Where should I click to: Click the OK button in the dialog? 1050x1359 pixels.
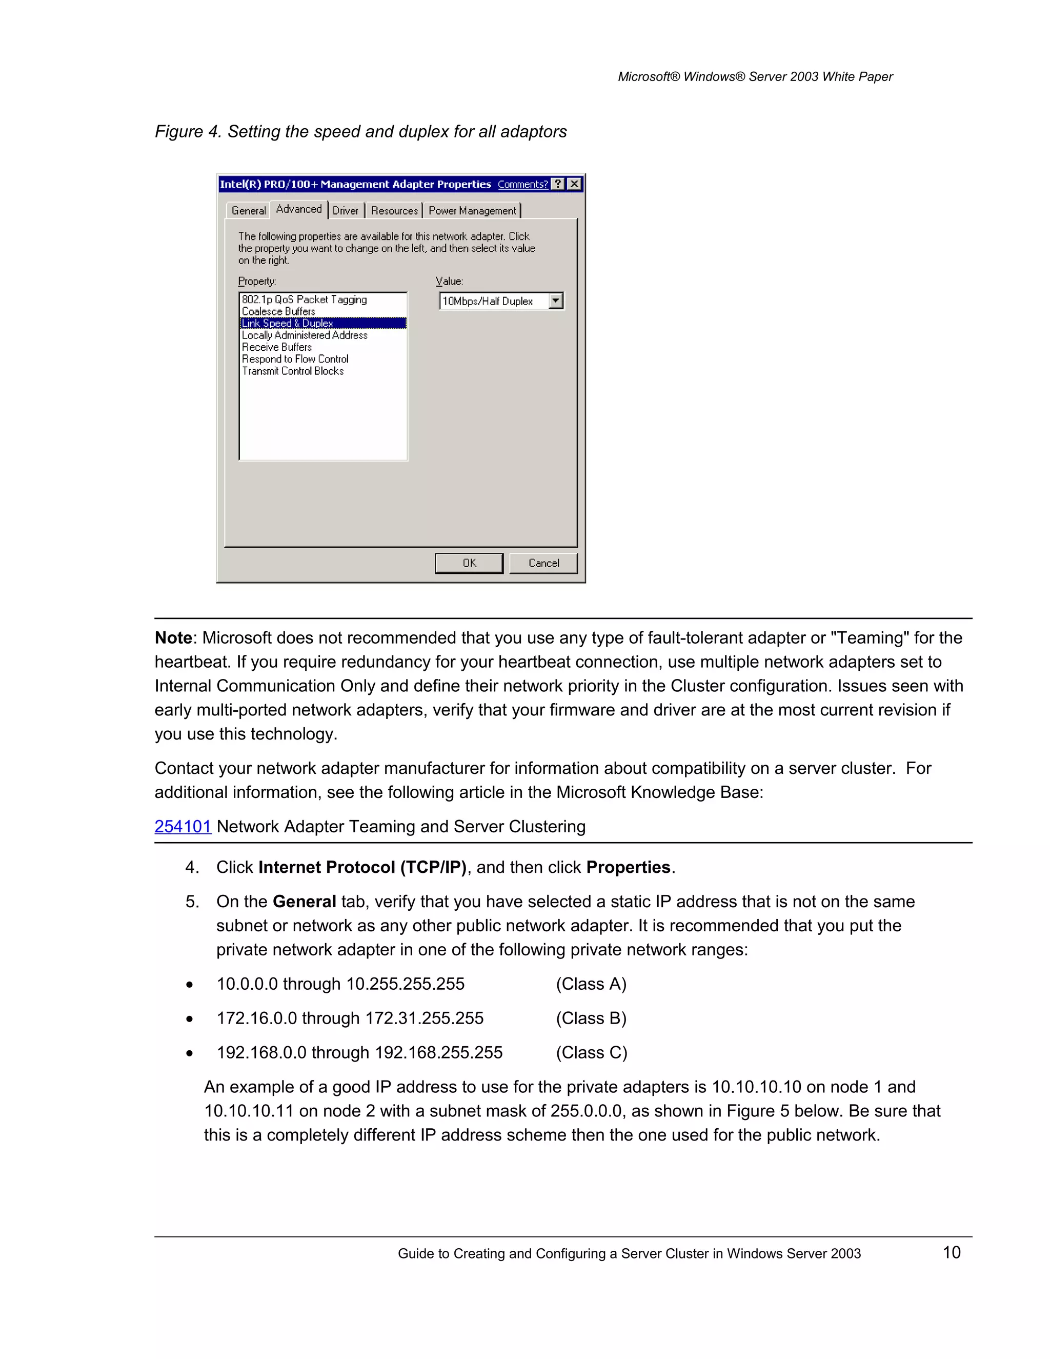coord(469,563)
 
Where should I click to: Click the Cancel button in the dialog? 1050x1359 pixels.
coord(543,563)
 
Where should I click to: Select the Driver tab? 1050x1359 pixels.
coord(345,211)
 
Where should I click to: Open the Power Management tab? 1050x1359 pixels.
coord(472,211)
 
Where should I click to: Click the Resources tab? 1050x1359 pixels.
coord(394,211)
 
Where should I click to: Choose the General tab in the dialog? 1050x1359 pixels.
coord(248,211)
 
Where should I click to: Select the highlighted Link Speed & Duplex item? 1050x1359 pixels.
coord(288,324)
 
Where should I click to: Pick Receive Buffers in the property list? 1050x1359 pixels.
coord(277,347)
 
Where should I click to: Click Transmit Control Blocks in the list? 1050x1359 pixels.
coord(292,371)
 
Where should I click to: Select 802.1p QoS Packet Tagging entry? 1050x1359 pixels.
coord(304,300)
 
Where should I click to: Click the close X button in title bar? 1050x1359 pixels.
coord(575,184)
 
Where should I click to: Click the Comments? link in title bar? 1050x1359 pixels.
coord(522,184)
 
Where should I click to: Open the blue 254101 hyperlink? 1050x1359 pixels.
coord(183,826)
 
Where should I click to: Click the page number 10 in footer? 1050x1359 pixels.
coord(951,1253)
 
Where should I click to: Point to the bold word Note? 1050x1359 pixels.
coord(173,638)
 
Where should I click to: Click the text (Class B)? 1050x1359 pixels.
coord(591,1018)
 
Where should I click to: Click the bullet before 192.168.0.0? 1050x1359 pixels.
coord(190,1053)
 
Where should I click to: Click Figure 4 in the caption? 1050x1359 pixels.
coord(187,132)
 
